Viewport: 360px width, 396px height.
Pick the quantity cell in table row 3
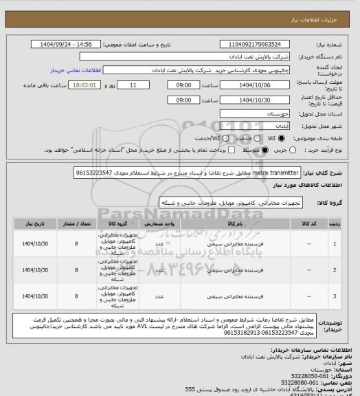76,297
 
